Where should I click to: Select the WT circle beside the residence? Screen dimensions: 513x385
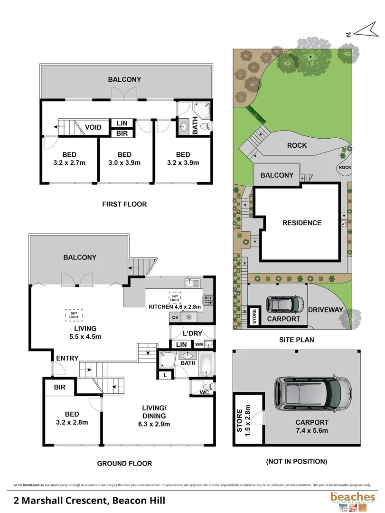click(343, 222)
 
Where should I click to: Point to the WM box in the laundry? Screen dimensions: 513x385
click(198, 344)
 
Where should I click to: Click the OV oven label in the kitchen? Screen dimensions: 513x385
click(174, 317)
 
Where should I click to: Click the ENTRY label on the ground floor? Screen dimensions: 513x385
click(67, 358)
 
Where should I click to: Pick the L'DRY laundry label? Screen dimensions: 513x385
click(192, 332)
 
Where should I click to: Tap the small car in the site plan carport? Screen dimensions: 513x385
click(284, 304)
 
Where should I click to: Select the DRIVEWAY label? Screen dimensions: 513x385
click(325, 310)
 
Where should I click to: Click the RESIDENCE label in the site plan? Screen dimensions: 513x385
click(302, 223)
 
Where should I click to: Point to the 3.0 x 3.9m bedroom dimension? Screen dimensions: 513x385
click(124, 162)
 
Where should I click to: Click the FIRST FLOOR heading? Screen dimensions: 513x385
click(124, 204)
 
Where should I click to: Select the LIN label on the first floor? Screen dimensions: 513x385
click(122, 123)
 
